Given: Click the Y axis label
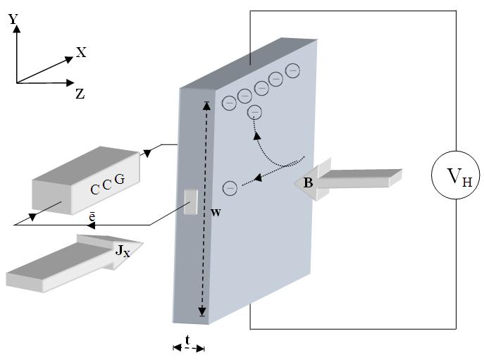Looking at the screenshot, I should pyautogui.click(x=13, y=20).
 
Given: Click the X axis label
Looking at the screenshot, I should pyautogui.click(x=81, y=52).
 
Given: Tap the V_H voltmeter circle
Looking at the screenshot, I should pyautogui.click(x=455, y=176).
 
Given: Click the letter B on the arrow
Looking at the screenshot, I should pyautogui.click(x=308, y=182).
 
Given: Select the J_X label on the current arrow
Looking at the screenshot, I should pyautogui.click(x=122, y=249).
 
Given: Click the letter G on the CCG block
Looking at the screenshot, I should pyautogui.click(x=119, y=180).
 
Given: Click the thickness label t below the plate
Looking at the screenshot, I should pyautogui.click(x=187, y=340).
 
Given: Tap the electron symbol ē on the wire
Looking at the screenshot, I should pyautogui.click(x=92, y=218).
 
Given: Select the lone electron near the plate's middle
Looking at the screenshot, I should pyautogui.click(x=230, y=188).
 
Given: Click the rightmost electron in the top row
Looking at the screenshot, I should pyautogui.click(x=292, y=70).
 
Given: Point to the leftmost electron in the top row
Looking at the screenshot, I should pyautogui.click(x=229, y=103).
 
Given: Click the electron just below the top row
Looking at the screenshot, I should pyautogui.click(x=255, y=112).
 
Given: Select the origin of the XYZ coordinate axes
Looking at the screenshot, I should pyautogui.click(x=15, y=83).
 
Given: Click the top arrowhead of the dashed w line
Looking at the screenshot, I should pyautogui.click(x=206, y=106).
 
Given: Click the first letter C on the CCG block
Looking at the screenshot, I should pyautogui.click(x=94, y=190).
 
